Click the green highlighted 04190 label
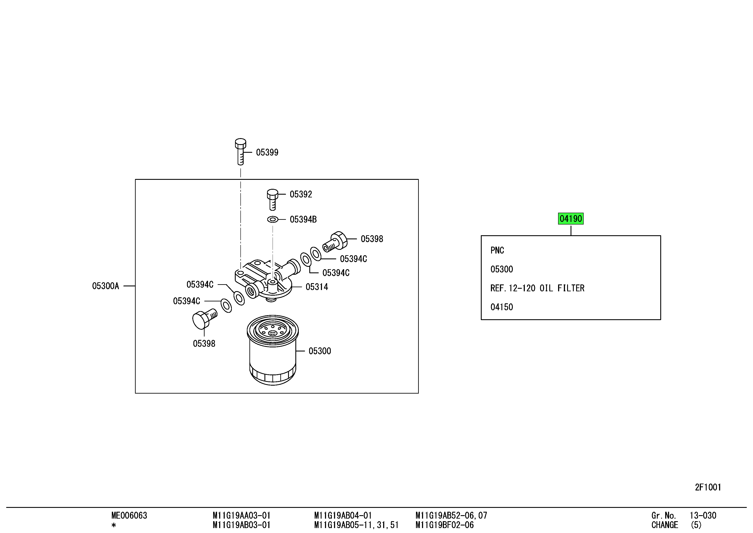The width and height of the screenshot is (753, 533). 571,218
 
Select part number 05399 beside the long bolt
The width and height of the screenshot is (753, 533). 267,152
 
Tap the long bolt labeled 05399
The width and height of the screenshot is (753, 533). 240,152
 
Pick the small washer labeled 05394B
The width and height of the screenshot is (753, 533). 273,219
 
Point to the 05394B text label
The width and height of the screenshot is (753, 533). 303,219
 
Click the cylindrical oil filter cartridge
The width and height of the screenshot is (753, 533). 273,350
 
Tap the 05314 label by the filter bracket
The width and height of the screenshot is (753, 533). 317,287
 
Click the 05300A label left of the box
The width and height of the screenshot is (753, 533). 106,286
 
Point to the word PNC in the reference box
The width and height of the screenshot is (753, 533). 497,250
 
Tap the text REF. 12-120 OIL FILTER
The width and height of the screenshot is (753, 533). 537,288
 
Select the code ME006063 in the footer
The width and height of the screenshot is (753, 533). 129,515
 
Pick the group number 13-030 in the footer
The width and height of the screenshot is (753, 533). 703,515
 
